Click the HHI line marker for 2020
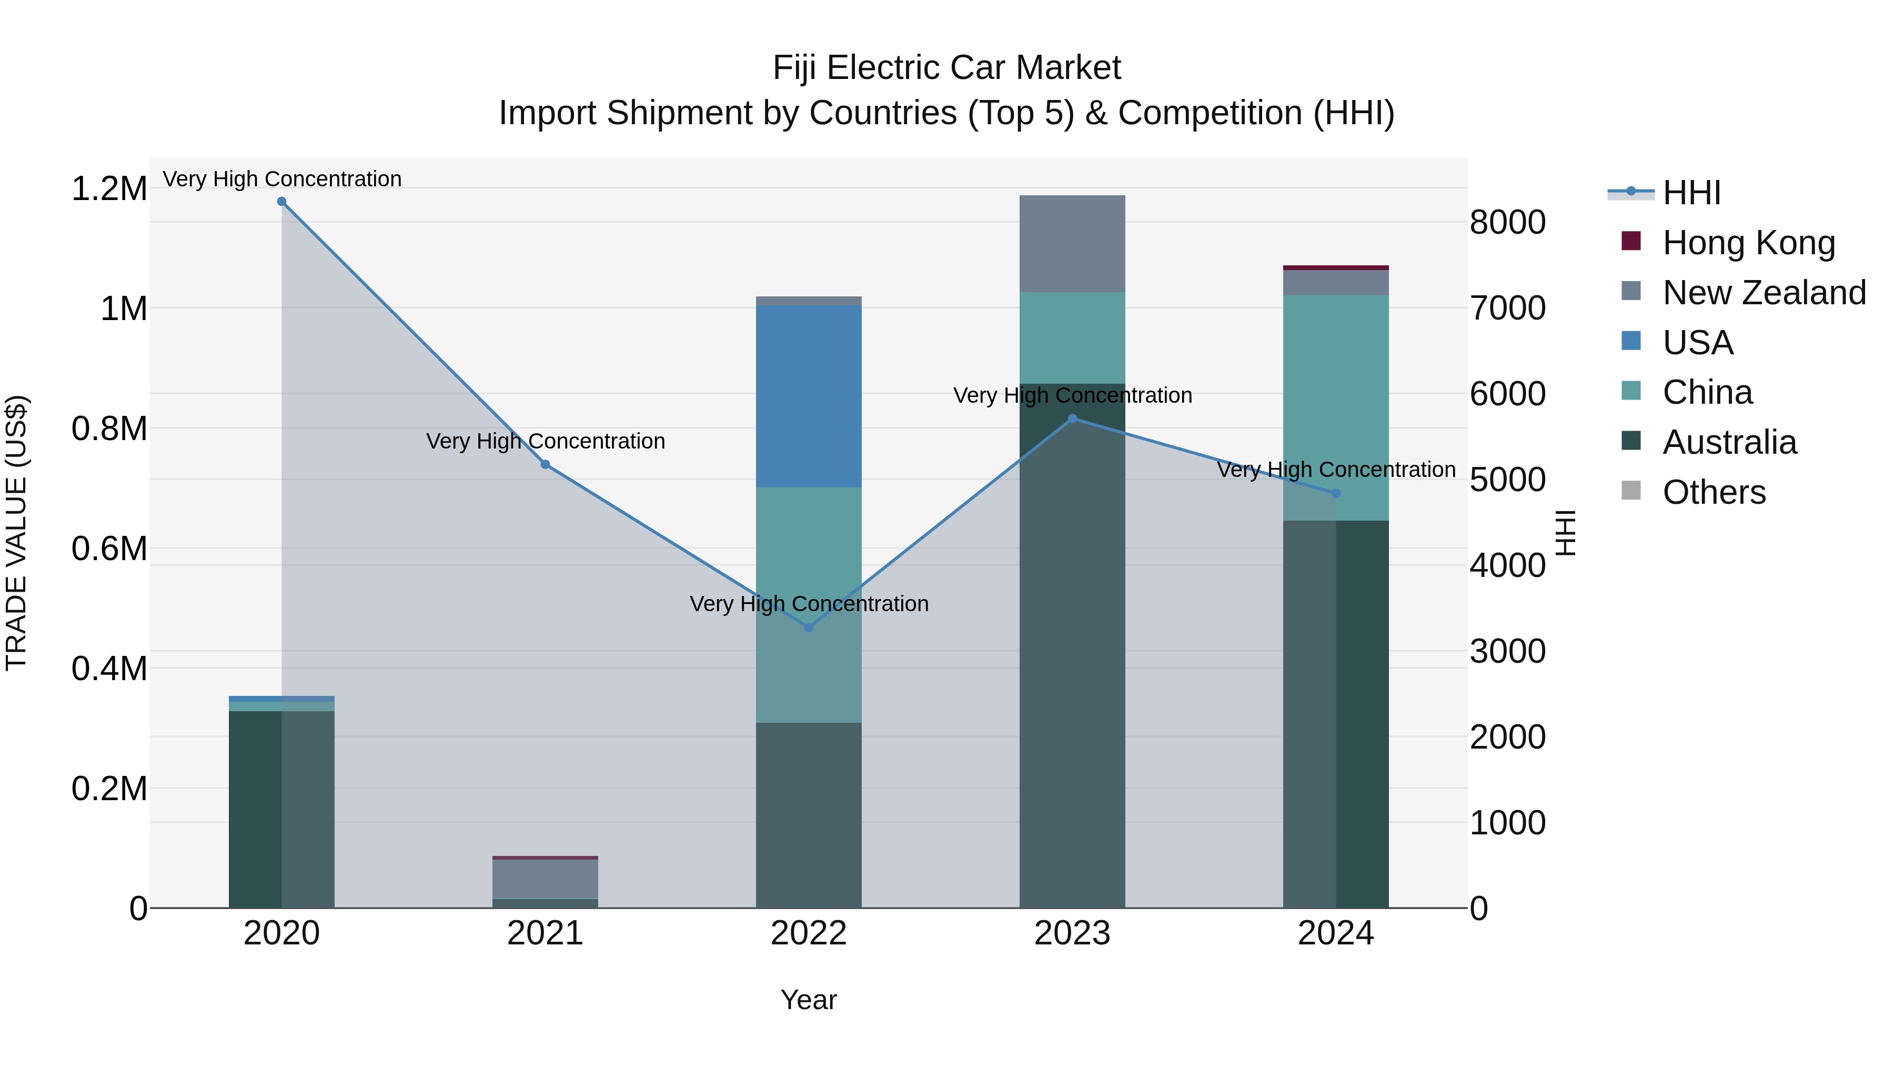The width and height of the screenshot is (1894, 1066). point(281,202)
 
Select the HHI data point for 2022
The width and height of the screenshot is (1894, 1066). point(809,627)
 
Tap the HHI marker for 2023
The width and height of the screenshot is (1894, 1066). point(1072,419)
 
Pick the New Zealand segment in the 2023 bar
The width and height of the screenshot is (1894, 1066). point(1072,244)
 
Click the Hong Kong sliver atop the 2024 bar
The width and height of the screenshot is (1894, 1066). point(1336,268)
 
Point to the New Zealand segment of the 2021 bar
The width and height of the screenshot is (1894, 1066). point(545,879)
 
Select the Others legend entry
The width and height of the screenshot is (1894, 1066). point(1713,492)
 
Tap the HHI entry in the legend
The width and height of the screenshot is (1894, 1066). point(1691,193)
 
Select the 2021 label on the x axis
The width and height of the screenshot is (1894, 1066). point(545,933)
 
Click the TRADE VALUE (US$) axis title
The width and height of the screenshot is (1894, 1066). point(16,533)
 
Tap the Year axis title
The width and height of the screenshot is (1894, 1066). point(808,1000)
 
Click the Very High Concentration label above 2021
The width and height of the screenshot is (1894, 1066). point(546,442)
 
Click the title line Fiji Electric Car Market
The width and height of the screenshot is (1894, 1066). point(946,68)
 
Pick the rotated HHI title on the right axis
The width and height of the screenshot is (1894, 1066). point(1566,533)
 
